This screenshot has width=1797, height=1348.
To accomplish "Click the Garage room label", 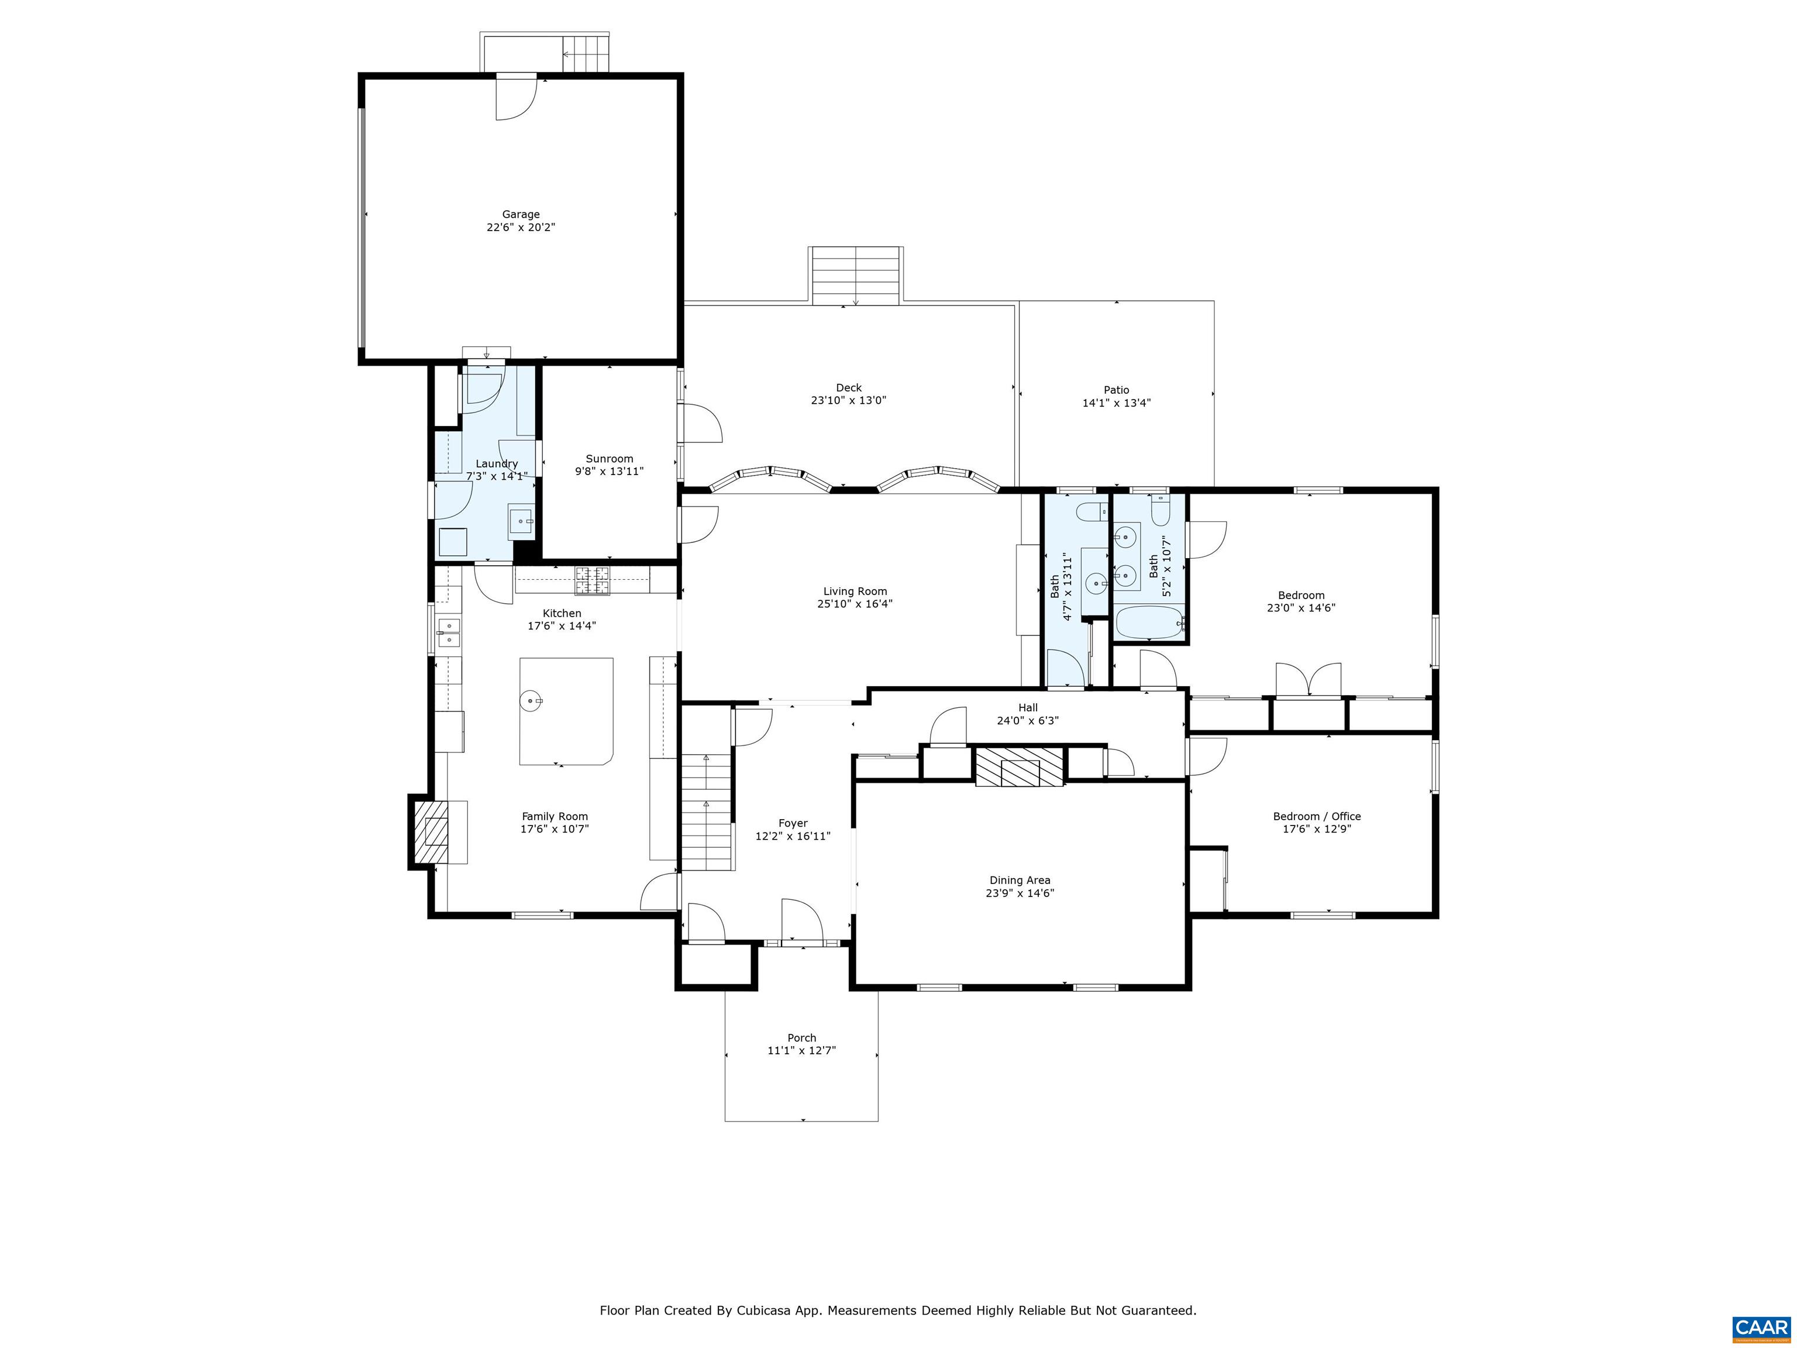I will (520, 215).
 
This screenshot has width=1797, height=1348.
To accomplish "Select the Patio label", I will (1116, 390).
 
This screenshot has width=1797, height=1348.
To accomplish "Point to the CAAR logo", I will (1761, 1328).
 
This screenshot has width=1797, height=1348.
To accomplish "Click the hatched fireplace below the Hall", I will (1019, 767).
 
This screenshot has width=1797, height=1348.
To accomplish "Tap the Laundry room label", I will (497, 464).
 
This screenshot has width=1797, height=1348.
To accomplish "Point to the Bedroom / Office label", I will (1316, 817).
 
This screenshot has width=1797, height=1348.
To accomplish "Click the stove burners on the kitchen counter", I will (591, 579).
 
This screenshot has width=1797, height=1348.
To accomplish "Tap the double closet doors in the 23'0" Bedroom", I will (1307, 680).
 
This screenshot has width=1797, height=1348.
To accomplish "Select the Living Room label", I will (855, 592).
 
